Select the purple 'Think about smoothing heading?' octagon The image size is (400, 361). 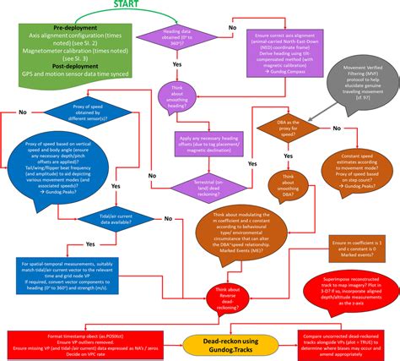[179, 101]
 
